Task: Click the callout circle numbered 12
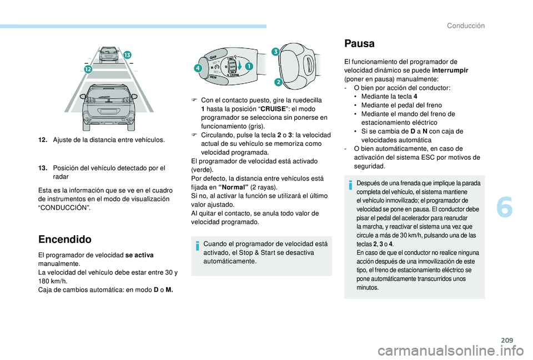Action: click(87, 69)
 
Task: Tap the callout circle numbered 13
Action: click(127, 54)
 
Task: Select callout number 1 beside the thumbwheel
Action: click(248, 67)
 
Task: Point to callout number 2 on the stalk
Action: click(278, 83)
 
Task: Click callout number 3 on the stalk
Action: click(275, 52)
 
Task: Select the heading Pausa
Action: click(359, 43)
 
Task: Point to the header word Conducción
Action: click(465, 25)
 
